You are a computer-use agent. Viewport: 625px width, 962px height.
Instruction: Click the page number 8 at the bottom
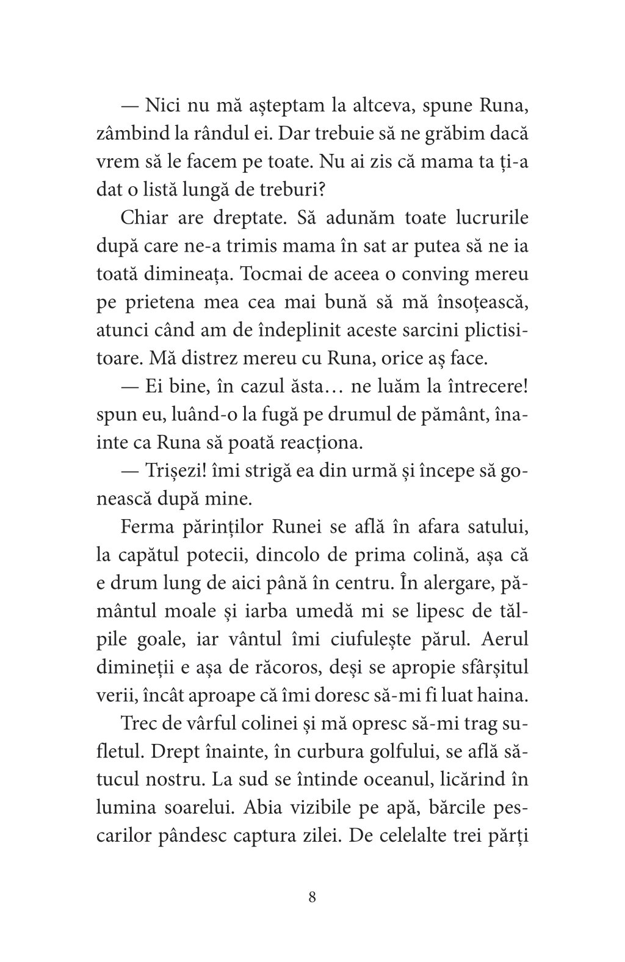click(x=312, y=897)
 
